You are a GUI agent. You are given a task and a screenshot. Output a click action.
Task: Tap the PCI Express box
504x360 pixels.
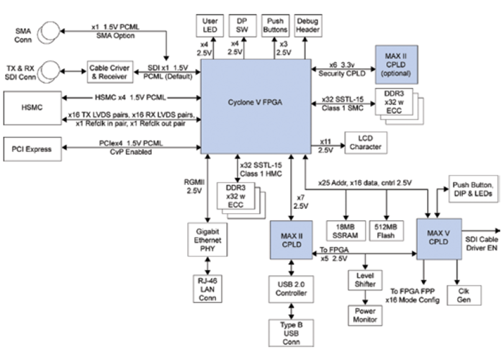click(32, 149)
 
